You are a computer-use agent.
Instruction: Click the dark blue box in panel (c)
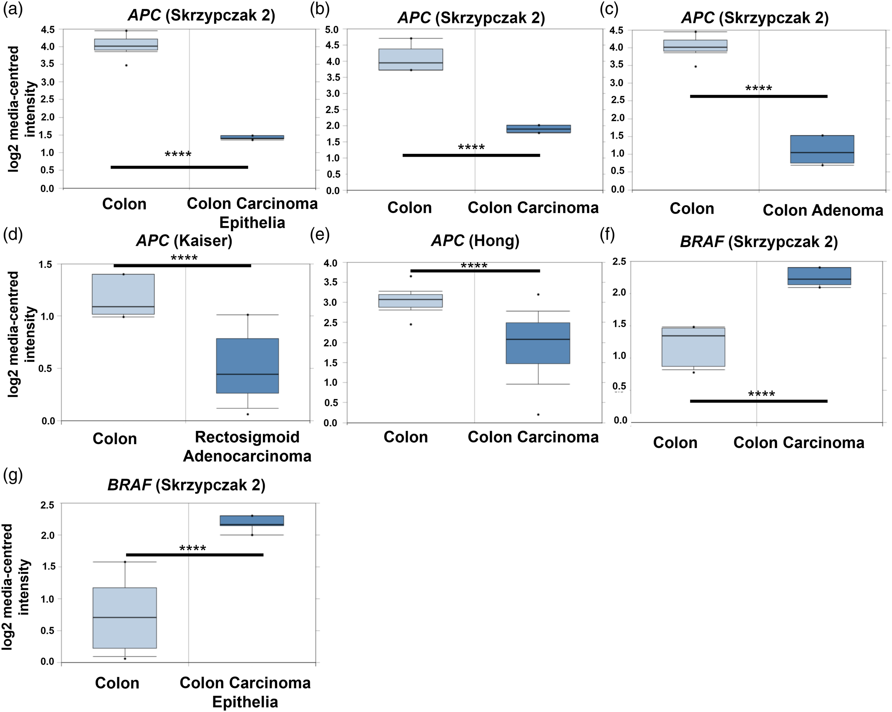822,149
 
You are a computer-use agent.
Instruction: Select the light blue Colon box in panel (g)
125,618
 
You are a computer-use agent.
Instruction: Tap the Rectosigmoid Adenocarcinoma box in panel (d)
247,366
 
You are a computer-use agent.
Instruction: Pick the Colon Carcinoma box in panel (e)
538,343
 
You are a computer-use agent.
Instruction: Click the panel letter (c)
609,9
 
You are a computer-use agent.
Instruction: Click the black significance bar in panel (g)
195,555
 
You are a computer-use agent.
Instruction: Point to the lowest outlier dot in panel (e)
538,414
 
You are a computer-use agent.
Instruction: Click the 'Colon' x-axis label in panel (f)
675,443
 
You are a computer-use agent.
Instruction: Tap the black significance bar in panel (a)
179,167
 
